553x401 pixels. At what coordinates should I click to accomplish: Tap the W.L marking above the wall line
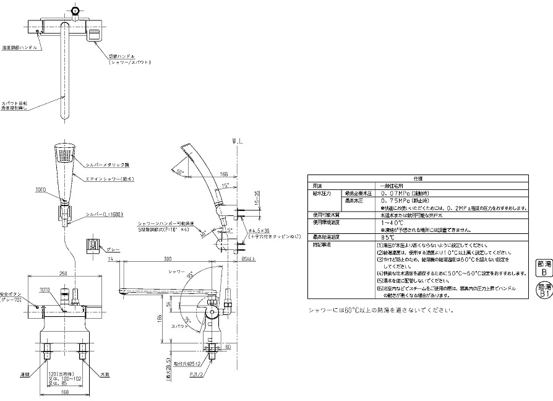click(238, 142)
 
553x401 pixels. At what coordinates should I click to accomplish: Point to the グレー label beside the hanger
click(112, 249)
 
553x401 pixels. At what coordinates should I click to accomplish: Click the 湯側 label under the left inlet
click(25, 374)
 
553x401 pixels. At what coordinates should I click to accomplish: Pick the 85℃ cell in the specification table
click(390, 237)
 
